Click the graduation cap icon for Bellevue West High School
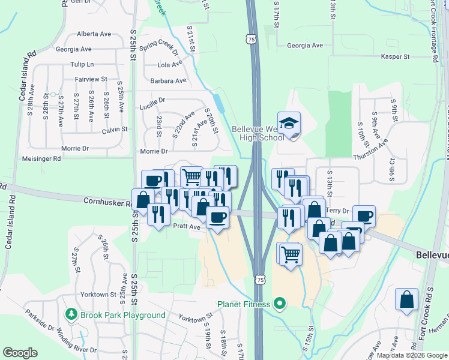pyautogui.click(x=289, y=123)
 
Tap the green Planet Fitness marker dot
pyautogui.click(x=279, y=304)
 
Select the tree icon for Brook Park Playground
pyautogui.click(x=71, y=314)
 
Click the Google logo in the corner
pyautogui.click(x=20, y=353)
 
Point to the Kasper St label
pyautogui.click(x=395, y=57)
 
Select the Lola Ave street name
pyautogui.click(x=169, y=65)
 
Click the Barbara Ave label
pyautogui.click(x=169, y=80)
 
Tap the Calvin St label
pyautogui.click(x=115, y=129)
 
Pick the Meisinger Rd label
pyautogui.click(x=41, y=159)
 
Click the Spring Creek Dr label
pyautogui.click(x=159, y=47)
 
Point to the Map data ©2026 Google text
pyautogui.click(x=411, y=355)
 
